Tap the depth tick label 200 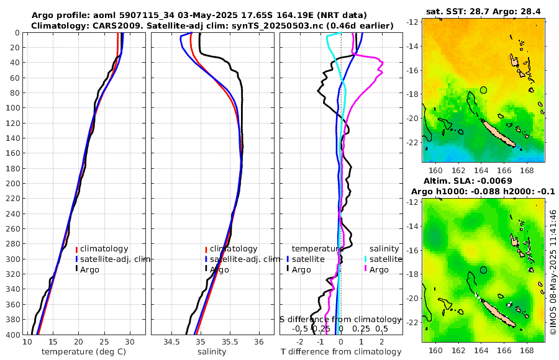tap(13, 184)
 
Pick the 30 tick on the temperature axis tap(129, 342)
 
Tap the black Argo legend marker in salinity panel tap(206, 269)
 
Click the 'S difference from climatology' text tap(340, 318)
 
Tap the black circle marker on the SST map tap(484, 90)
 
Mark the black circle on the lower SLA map tap(484, 270)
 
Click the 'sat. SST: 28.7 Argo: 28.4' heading tap(484, 12)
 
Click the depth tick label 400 tap(13, 335)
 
